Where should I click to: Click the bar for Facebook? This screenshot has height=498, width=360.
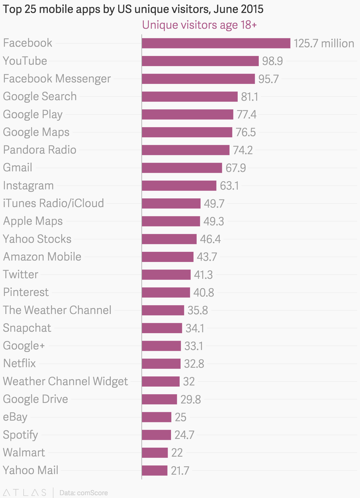point(216,43)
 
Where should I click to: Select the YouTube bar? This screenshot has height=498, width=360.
point(200,61)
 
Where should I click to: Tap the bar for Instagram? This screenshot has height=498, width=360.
point(179,186)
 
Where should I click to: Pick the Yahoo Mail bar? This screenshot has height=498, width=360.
point(154,471)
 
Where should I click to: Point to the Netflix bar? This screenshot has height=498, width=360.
point(161,364)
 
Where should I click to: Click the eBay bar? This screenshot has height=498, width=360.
point(156,417)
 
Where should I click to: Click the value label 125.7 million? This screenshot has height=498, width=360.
point(324,43)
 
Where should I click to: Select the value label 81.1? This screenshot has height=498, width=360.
point(250,97)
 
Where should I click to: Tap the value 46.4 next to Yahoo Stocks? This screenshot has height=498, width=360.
point(210,239)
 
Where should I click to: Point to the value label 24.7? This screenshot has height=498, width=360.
point(184,435)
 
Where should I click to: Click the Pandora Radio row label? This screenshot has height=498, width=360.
point(40,150)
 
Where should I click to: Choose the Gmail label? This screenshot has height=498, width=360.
point(18,167)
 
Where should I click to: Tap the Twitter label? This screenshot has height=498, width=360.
point(20,274)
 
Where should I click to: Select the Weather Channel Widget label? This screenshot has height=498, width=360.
point(65,381)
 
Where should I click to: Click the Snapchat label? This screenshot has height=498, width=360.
point(27,328)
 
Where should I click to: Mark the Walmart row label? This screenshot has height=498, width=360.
point(24,452)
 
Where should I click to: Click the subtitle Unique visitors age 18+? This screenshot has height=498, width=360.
point(199,25)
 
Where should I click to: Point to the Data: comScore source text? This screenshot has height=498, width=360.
point(84,493)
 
